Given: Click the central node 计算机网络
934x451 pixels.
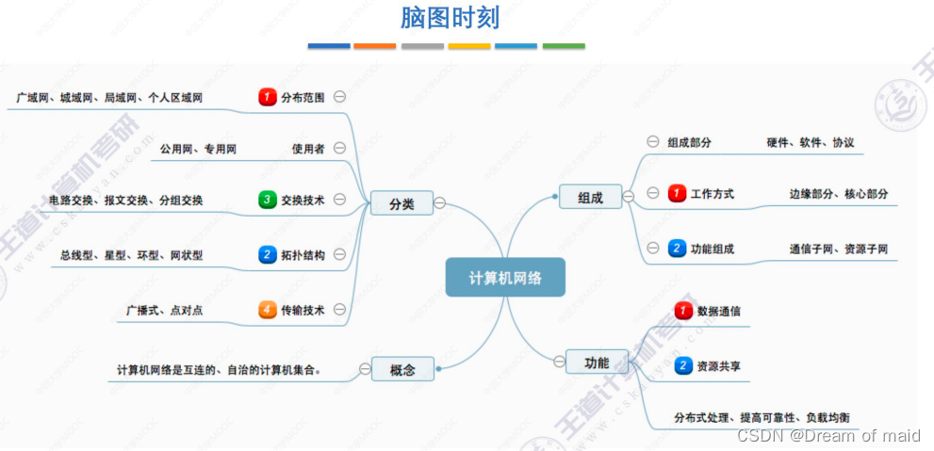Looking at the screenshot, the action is [x=505, y=278].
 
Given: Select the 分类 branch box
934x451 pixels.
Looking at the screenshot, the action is [x=401, y=202].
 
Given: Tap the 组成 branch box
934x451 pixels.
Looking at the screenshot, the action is [x=590, y=197].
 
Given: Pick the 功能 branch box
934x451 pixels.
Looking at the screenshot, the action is [x=597, y=362].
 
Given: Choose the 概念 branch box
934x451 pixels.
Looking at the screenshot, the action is [x=402, y=369].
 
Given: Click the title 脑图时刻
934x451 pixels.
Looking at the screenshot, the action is [x=450, y=18].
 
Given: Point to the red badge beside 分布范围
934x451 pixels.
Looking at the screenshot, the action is [x=268, y=96].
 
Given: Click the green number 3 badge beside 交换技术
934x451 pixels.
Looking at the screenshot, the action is [x=268, y=200].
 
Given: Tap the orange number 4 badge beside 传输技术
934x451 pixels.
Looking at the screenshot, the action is [x=268, y=309].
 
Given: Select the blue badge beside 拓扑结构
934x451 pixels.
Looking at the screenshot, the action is [x=268, y=254].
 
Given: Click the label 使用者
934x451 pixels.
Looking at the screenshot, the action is [x=308, y=148].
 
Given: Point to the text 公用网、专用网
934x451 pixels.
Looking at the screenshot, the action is [x=198, y=148].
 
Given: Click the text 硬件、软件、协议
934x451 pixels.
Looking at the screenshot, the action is [x=811, y=142].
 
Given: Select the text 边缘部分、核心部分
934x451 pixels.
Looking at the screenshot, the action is [x=839, y=194].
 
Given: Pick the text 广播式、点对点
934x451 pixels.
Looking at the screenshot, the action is [x=164, y=309].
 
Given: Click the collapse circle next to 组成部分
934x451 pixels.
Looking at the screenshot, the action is [x=652, y=142].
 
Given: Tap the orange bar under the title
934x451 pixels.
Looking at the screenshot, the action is [x=375, y=45].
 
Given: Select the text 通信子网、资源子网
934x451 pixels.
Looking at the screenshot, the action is [x=839, y=250].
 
